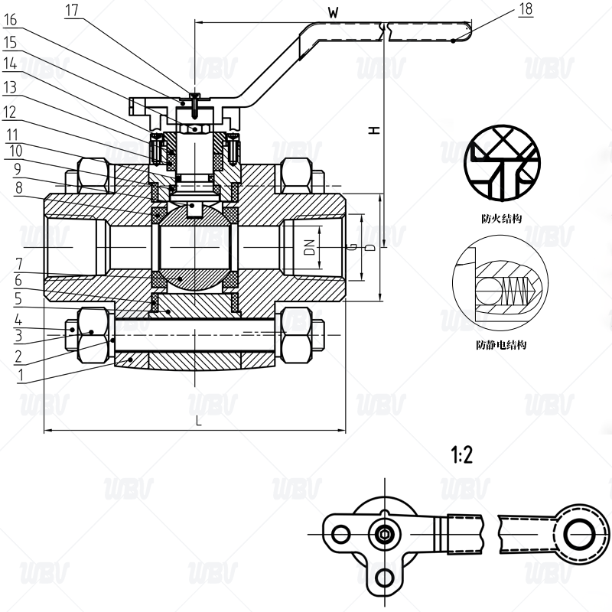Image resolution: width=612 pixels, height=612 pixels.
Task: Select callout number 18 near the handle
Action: coord(526,10)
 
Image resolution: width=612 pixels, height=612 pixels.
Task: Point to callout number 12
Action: coord(10,112)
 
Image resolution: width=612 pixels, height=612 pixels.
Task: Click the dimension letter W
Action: coord(333,12)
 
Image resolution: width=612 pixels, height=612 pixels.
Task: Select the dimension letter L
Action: coord(197,420)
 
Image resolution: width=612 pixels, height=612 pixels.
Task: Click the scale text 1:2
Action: coord(462,457)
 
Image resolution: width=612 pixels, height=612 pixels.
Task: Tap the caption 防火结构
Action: coord(501,218)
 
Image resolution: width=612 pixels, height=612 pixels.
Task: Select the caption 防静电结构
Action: coord(501,345)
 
